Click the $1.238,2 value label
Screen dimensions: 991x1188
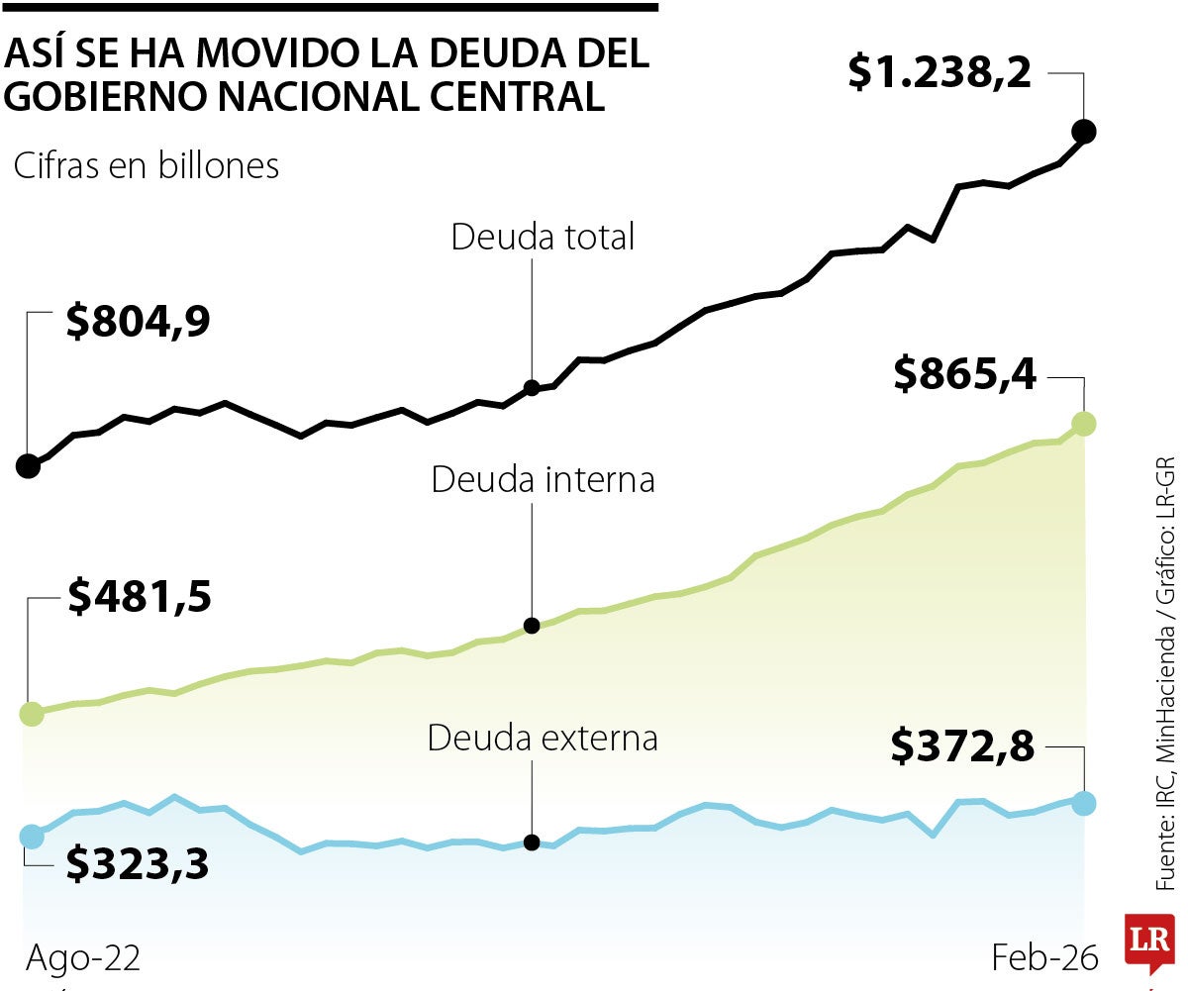940,74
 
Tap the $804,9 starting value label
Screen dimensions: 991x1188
138,323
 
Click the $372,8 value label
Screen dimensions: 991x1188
961,746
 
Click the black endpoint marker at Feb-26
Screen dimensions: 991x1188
1084,131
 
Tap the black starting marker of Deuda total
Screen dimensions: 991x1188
28,466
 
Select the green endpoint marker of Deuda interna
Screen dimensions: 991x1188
1084,424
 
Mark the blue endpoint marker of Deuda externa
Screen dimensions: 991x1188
1084,803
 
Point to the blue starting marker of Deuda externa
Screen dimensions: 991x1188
32,837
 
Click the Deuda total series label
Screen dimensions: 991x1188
543,238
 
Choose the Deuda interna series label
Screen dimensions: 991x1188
543,480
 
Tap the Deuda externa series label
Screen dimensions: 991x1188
543,739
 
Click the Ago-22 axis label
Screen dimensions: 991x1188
83,958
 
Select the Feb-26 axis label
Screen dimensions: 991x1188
1044,958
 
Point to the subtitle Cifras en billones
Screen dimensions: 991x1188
147,166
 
